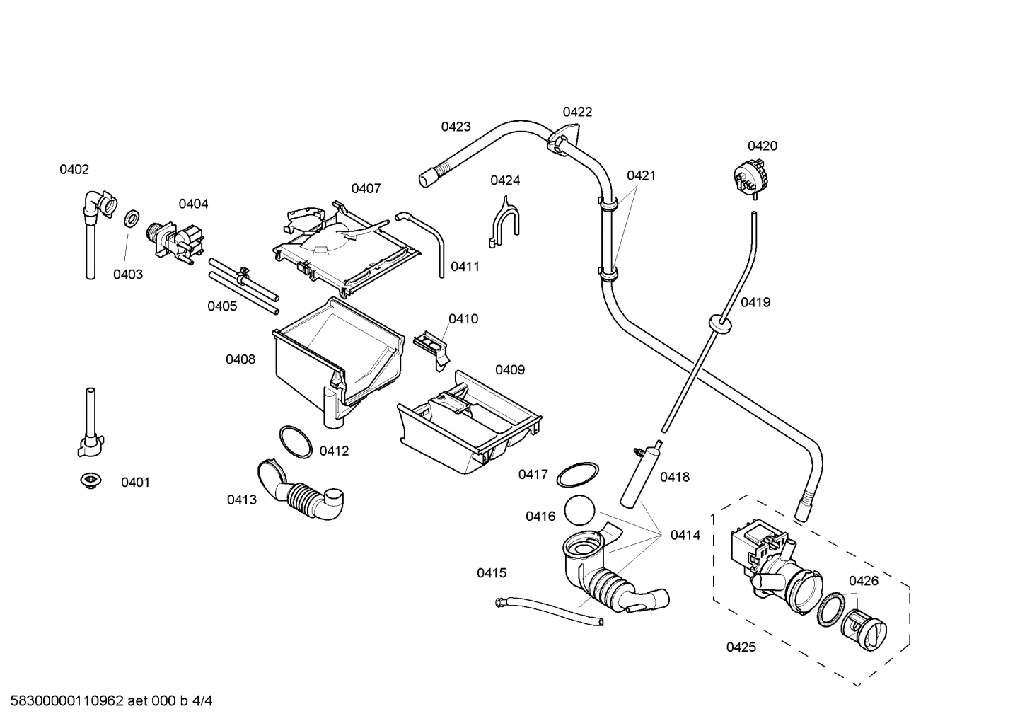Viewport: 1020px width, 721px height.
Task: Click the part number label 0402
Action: pos(74,169)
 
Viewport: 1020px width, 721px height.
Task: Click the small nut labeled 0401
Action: pos(89,480)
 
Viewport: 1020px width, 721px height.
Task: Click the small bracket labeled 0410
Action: pos(432,346)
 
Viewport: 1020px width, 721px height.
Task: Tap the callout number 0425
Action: pos(741,647)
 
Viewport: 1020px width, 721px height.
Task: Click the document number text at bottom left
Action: pos(107,701)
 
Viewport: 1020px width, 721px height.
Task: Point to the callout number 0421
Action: pos(641,175)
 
